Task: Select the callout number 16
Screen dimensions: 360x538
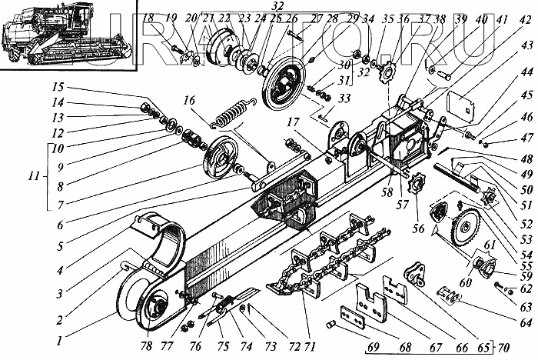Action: click(x=190, y=99)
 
